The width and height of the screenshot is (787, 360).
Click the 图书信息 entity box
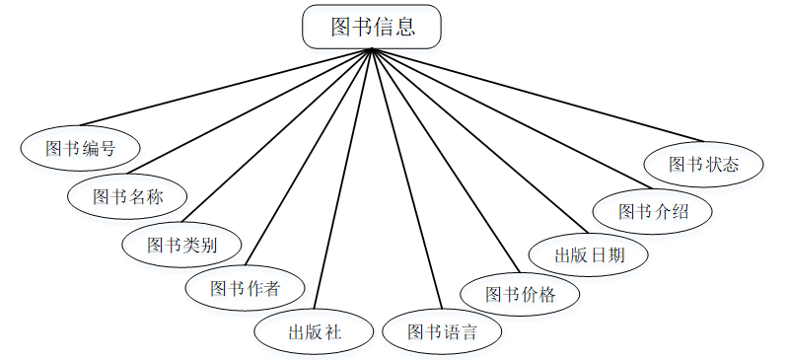pyautogui.click(x=372, y=27)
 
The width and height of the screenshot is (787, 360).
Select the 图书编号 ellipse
pyautogui.click(x=80, y=149)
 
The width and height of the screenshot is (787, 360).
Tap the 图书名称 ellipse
pyautogui.click(x=127, y=196)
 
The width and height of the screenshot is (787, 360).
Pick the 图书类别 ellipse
pyautogui.click(x=181, y=244)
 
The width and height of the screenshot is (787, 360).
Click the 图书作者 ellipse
pyautogui.click(x=245, y=288)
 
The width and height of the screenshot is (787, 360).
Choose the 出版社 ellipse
pyautogui.click(x=314, y=331)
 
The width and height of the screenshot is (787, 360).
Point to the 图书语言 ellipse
pyautogui.click(x=441, y=331)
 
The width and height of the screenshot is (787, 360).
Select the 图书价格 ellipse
pyautogui.click(x=520, y=294)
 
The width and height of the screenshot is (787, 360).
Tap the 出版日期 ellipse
pyautogui.click(x=589, y=253)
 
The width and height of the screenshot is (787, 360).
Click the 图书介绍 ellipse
pyautogui.click(x=652, y=211)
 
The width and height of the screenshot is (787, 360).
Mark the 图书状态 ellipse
pyautogui.click(x=703, y=164)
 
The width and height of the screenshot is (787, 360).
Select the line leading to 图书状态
pyautogui.click(x=537, y=94)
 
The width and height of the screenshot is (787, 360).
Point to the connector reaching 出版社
pyautogui.click(x=342, y=178)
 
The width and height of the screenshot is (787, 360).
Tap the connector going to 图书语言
pyautogui.click(x=405, y=178)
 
